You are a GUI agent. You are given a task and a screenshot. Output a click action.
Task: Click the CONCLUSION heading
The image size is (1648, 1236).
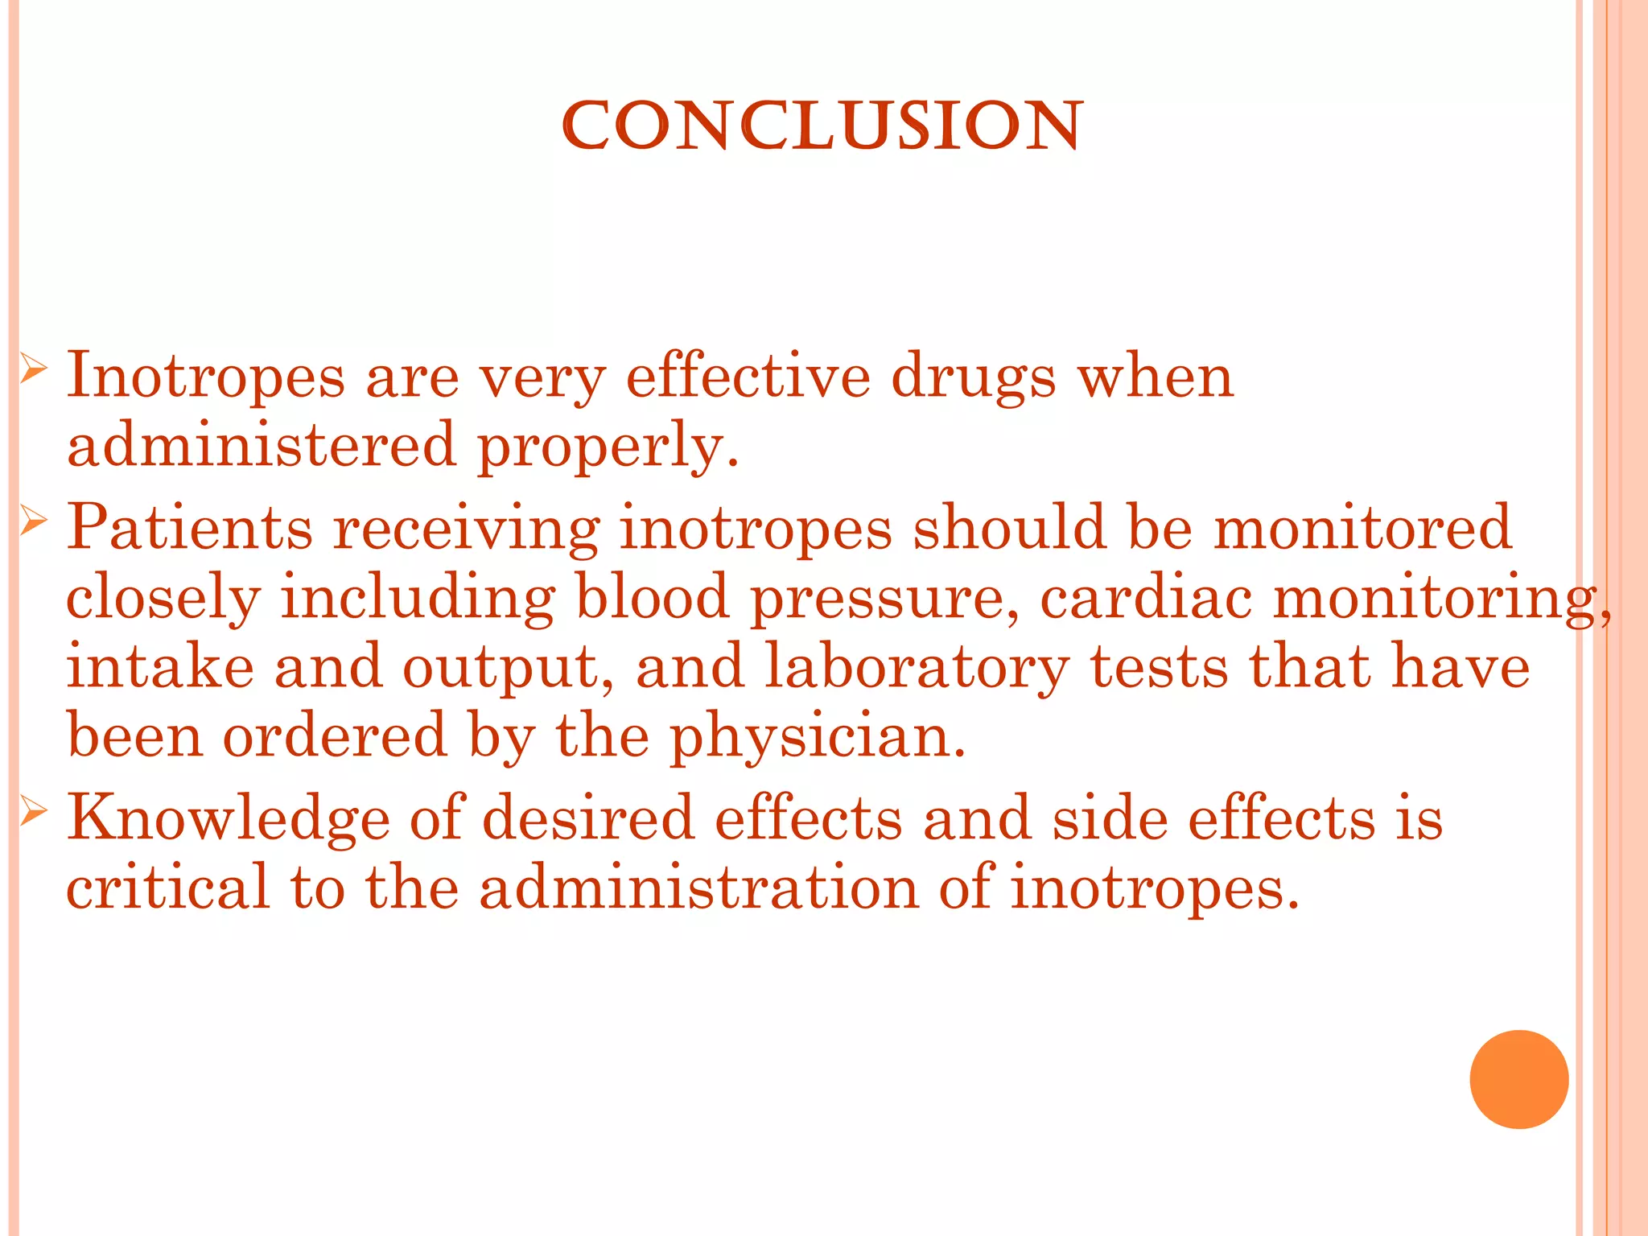pos(822,126)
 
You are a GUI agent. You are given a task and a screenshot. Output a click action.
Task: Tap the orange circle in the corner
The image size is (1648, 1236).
pos(1518,1079)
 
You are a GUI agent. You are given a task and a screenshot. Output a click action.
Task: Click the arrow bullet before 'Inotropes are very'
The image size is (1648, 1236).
pos(34,370)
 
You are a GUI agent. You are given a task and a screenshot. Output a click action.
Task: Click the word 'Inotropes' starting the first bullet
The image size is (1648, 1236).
pos(205,377)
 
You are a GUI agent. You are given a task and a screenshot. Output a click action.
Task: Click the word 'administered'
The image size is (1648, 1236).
pos(262,445)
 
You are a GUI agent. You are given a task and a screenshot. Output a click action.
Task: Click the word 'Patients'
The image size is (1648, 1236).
pos(189,528)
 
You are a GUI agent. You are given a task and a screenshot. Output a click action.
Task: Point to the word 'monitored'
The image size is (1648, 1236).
pos(1362,528)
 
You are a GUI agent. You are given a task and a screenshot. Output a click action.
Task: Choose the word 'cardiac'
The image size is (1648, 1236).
pos(1146,597)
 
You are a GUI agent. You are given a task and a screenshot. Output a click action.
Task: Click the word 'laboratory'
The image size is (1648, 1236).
pos(916,669)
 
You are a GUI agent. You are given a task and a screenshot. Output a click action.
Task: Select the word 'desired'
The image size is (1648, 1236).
pos(587,818)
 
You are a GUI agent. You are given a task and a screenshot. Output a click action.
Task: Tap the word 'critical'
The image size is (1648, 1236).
pos(167,887)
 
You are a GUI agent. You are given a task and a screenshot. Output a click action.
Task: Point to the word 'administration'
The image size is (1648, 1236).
pos(698,887)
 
